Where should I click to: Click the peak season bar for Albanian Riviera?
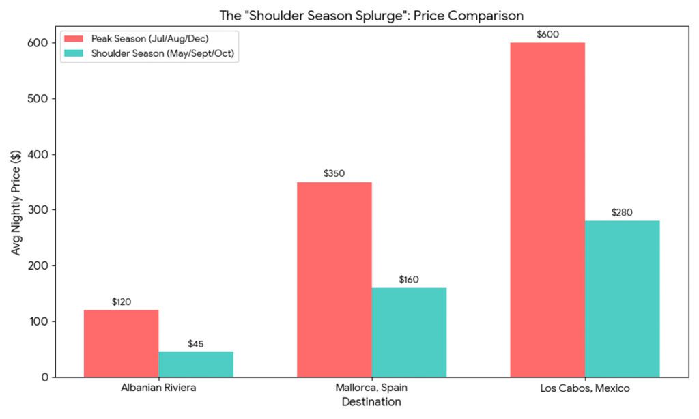pos(121,343)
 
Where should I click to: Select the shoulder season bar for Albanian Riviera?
pos(196,364)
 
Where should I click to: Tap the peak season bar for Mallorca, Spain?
pos(334,279)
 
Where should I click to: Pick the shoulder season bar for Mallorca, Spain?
pos(409,332)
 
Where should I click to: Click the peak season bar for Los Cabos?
pos(547,209)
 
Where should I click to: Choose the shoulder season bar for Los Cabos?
pos(622,298)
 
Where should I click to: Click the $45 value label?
pos(196,343)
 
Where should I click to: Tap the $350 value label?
pos(334,173)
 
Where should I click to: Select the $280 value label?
pos(622,212)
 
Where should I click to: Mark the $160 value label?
pos(409,279)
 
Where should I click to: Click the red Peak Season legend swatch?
pos(74,38)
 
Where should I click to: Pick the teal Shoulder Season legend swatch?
pos(74,54)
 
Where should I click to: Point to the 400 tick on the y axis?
pos(42,154)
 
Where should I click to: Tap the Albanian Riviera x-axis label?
pos(158,388)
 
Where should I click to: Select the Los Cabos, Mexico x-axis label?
pos(585,388)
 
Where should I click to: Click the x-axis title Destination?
pos(371,403)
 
